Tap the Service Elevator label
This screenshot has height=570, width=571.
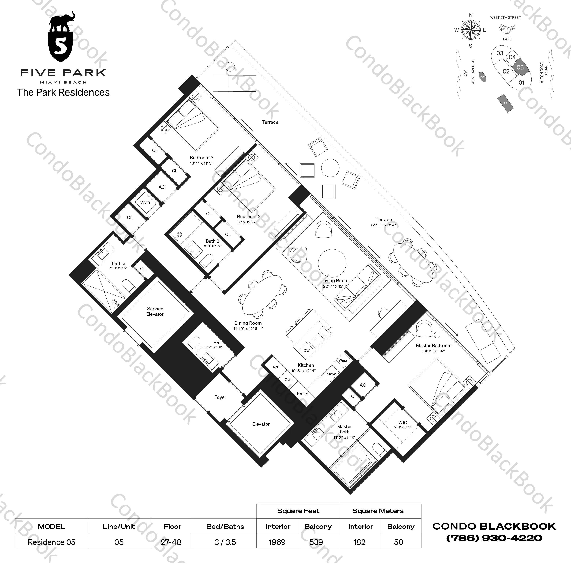click(155, 311)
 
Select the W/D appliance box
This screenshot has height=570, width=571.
click(145, 203)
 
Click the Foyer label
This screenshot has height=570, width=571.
click(220, 397)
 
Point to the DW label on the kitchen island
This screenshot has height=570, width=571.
click(307, 351)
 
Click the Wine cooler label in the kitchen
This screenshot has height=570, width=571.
click(343, 360)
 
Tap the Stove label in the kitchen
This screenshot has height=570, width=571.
click(331, 374)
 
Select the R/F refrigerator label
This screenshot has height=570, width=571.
click(276, 367)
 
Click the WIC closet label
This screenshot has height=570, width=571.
click(403, 423)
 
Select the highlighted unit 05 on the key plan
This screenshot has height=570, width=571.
click(520, 67)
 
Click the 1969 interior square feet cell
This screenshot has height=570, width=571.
click(277, 542)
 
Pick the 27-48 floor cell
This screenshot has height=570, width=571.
click(171, 542)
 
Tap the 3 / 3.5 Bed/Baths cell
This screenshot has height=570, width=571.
click(225, 542)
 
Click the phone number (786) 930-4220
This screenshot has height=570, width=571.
click(494, 538)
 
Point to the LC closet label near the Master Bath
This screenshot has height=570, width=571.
click(351, 396)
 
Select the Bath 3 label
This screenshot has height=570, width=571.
click(118, 263)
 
